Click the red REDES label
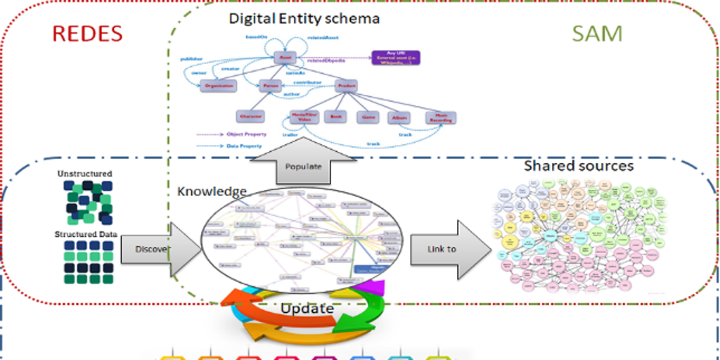coord(86,33)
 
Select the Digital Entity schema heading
coord(304,18)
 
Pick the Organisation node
coord(219,86)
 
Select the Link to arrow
coord(447,249)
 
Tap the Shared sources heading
coord(579,166)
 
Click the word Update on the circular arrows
coord(307,308)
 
